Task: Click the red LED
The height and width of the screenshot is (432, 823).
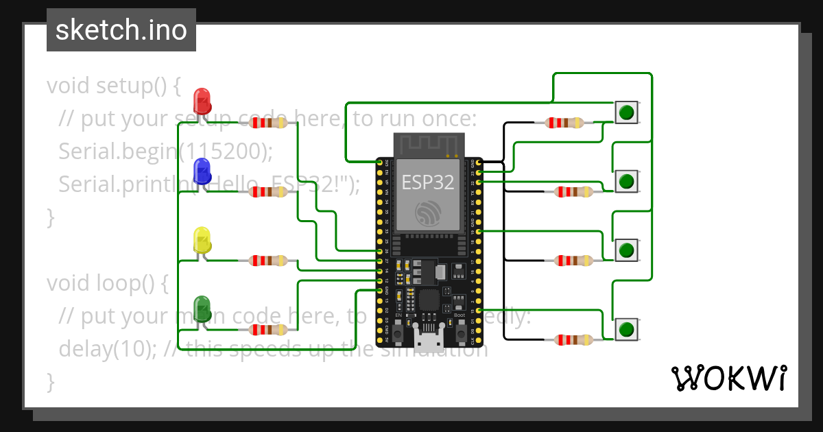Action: point(202,101)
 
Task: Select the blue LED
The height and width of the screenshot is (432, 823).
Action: point(202,170)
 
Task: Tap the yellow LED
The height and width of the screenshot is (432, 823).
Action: point(202,239)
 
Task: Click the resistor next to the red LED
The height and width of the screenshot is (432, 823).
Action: point(268,123)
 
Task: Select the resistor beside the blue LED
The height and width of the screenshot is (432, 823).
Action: point(268,192)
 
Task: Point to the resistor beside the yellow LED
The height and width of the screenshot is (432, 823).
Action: point(268,261)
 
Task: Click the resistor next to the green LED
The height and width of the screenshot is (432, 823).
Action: point(268,329)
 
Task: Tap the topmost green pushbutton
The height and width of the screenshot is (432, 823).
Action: point(625,112)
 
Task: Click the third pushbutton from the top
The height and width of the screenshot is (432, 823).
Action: point(625,250)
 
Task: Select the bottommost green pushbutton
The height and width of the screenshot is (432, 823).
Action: point(625,329)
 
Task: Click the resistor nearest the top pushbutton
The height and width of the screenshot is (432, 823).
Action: point(564,123)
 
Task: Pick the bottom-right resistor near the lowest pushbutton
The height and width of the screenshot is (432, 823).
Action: point(573,339)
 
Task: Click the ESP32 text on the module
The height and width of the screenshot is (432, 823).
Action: point(427,183)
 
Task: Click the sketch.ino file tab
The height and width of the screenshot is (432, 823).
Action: point(121,30)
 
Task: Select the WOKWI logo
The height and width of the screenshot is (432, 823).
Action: point(728,378)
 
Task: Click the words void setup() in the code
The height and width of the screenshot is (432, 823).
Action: point(114,86)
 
